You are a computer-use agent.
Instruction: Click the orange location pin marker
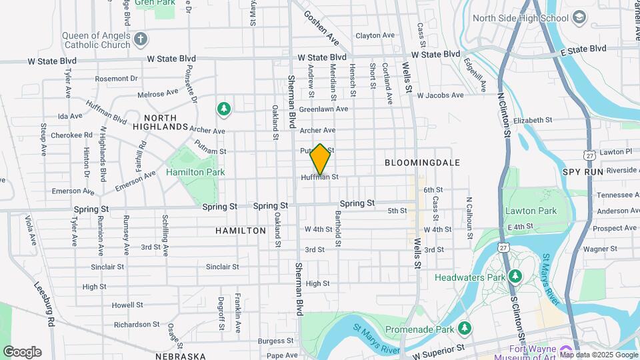tap(321, 159)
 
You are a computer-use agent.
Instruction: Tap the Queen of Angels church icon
tap(140, 39)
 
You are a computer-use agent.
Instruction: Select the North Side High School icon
tap(579, 17)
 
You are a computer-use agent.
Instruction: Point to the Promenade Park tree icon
tap(465, 328)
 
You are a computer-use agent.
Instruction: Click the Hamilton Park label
tap(195, 172)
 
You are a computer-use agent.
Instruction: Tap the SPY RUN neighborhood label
tap(583, 171)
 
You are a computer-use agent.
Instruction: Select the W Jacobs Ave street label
tap(440, 95)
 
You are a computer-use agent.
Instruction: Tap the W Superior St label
tap(438, 349)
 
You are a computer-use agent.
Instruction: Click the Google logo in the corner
tap(22, 352)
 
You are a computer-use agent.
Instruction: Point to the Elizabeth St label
tap(533, 121)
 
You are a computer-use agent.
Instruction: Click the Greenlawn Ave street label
tap(323, 109)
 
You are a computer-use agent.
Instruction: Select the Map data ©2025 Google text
tap(599, 355)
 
